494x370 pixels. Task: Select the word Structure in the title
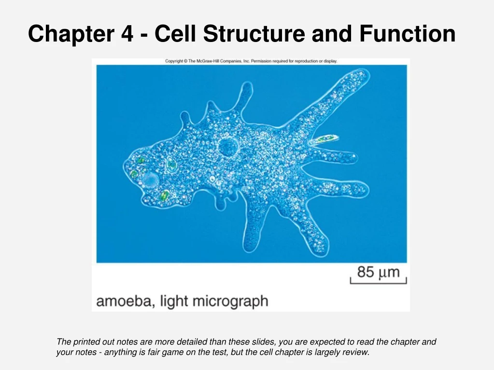(x=254, y=34)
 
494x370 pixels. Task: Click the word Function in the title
(x=407, y=34)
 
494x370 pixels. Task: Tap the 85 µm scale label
(x=379, y=272)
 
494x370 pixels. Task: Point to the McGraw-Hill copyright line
(x=251, y=61)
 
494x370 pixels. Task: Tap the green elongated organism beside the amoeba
(x=324, y=140)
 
